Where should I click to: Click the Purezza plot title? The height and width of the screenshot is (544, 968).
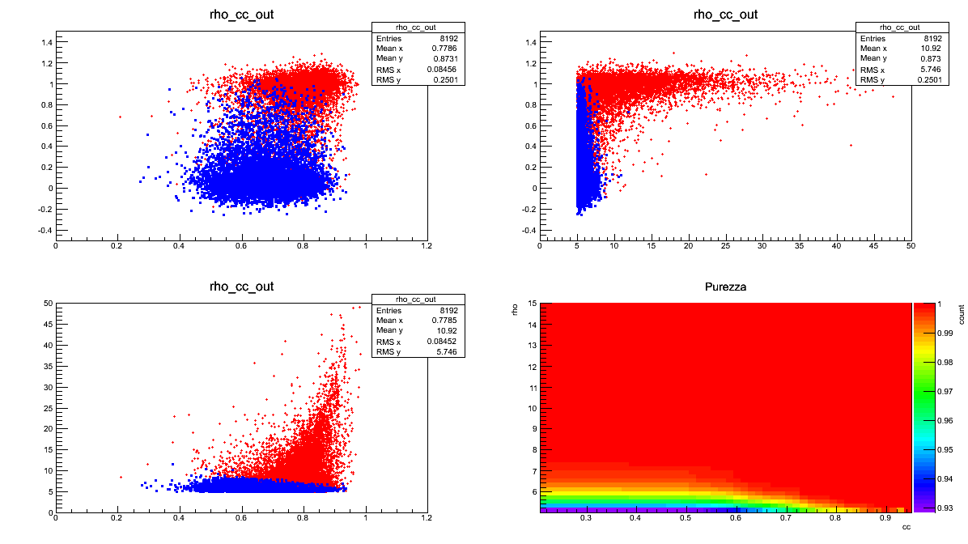click(726, 287)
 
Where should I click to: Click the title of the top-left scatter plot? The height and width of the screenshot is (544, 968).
click(241, 15)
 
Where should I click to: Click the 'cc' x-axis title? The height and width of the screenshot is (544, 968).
click(906, 527)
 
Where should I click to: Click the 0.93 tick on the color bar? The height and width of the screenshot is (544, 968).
click(937, 508)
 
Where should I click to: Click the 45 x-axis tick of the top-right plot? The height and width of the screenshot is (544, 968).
click(873, 246)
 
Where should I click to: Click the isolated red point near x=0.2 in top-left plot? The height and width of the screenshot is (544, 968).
click(120, 117)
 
